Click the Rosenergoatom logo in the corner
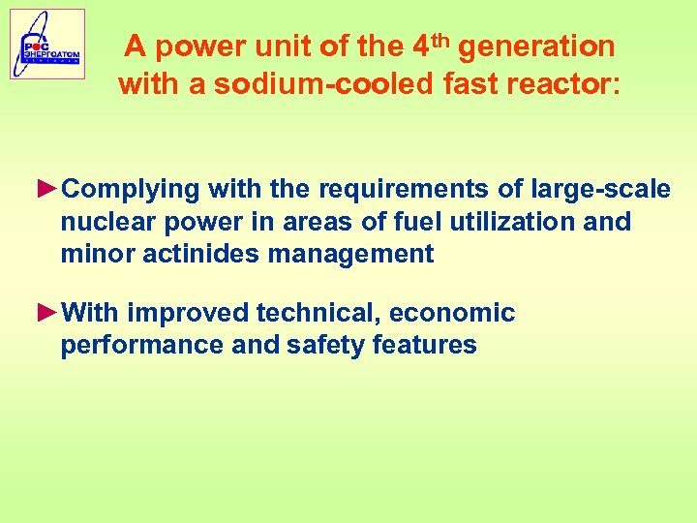[47, 44]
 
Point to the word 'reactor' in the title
[555, 84]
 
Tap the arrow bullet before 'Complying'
[47, 187]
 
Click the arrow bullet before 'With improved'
[47, 312]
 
